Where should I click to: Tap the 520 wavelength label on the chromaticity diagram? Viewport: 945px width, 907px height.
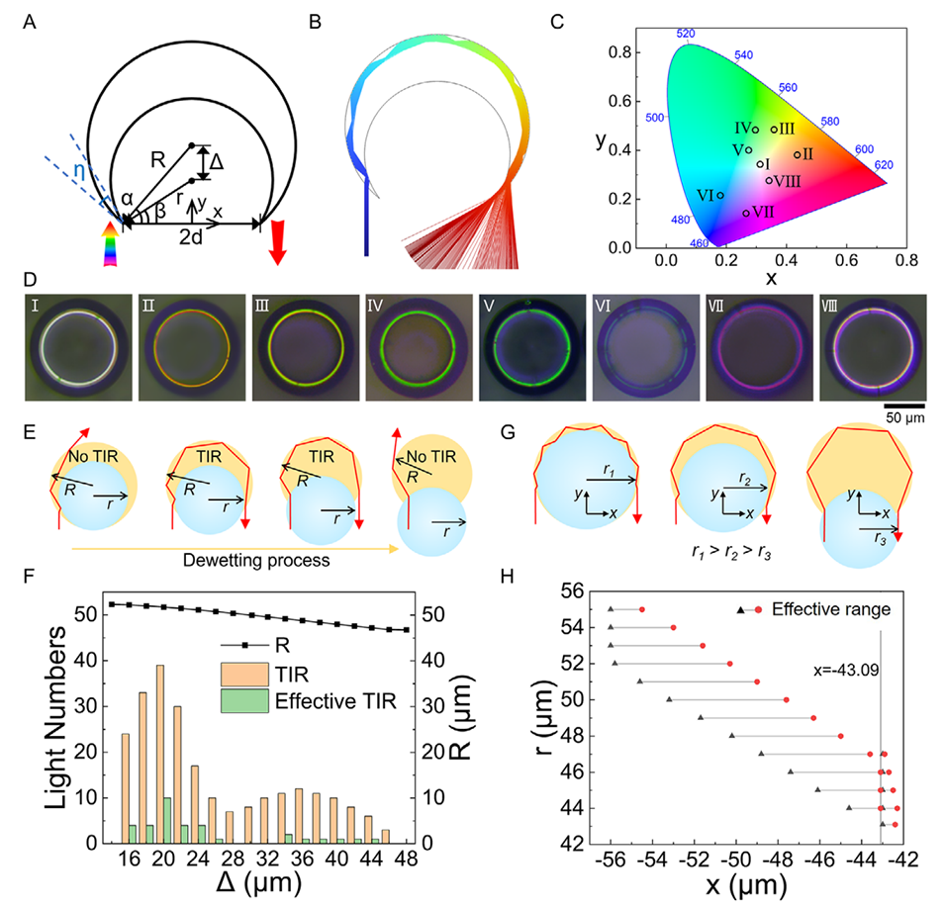click(685, 34)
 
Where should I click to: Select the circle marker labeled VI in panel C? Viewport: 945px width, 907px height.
click(720, 195)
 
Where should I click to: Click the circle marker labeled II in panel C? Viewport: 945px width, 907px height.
click(797, 154)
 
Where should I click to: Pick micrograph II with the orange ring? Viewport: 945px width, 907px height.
click(195, 348)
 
